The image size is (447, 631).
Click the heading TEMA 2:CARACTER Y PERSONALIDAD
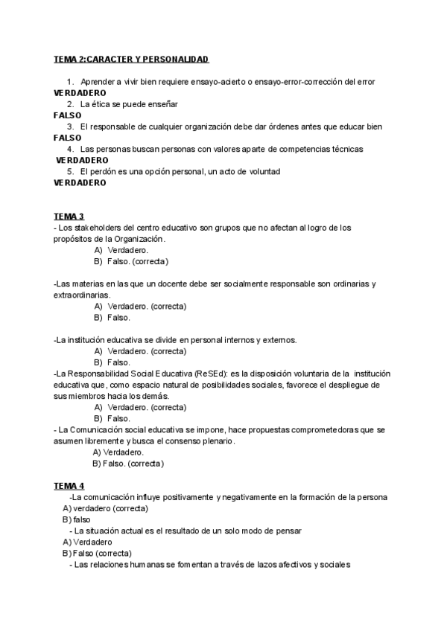(132, 59)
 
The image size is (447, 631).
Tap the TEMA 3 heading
(69, 217)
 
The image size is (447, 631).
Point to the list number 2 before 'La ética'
(70, 103)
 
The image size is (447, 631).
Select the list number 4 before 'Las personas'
(70, 149)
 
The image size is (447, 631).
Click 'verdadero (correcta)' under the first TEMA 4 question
(111, 508)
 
